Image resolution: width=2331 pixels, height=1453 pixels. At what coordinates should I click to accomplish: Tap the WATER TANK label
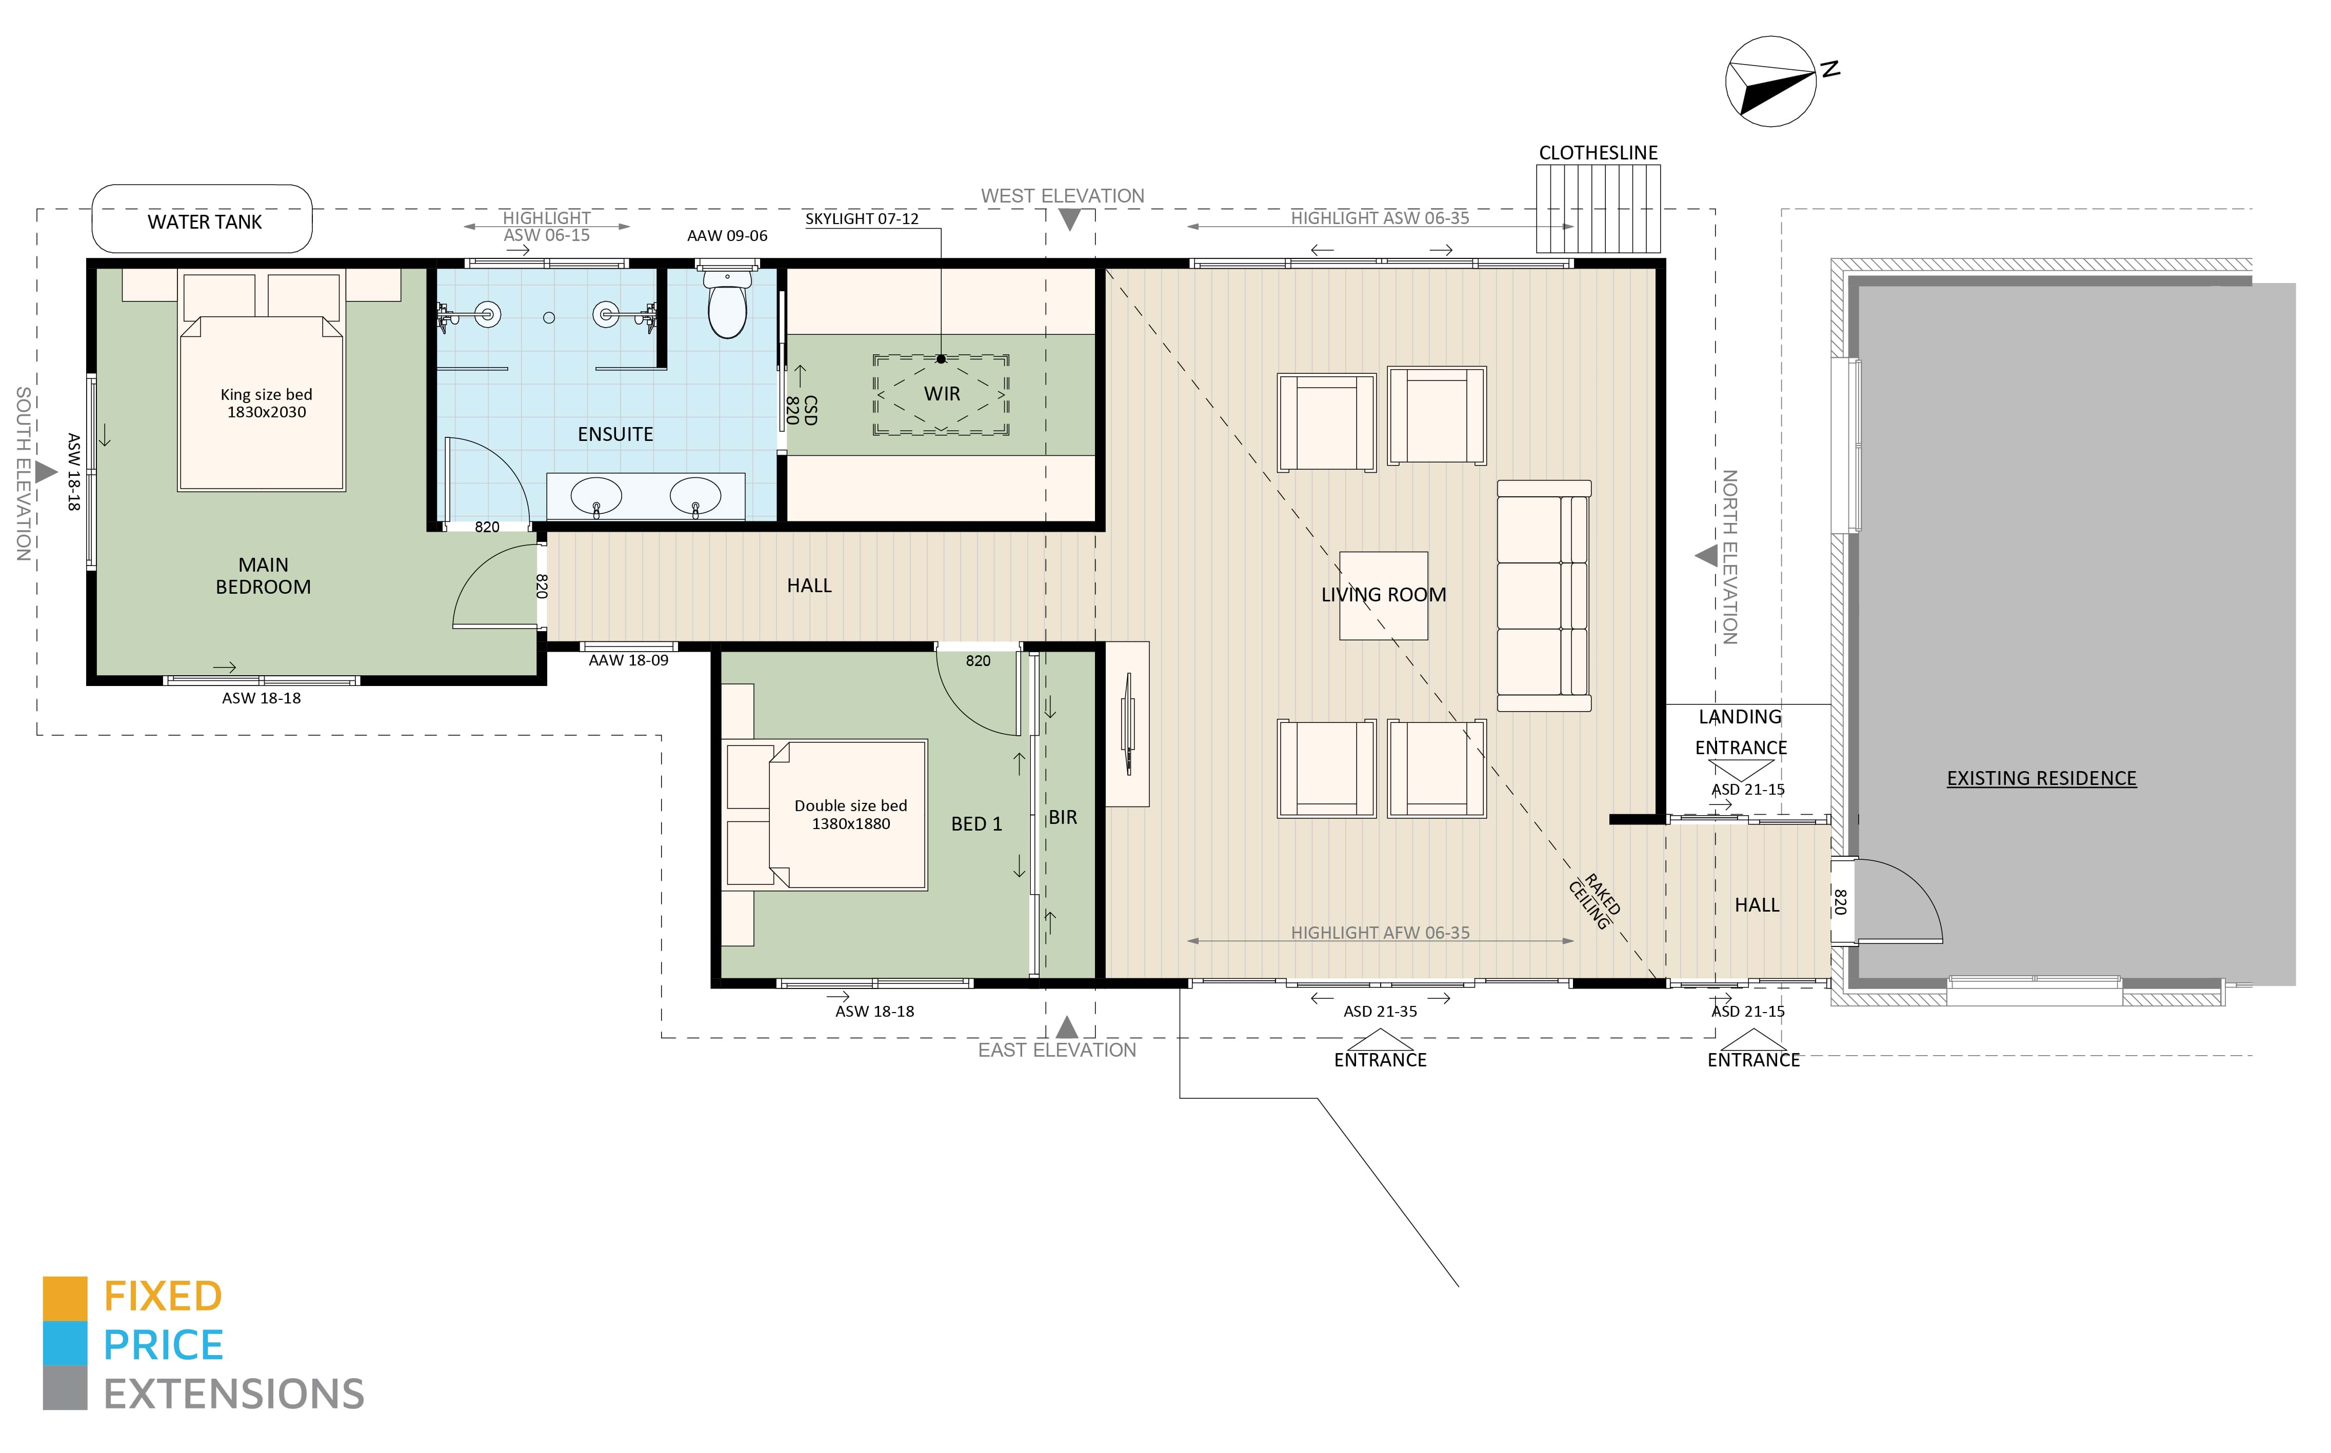(205, 222)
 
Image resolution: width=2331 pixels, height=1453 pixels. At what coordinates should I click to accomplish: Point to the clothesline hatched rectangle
(1598, 209)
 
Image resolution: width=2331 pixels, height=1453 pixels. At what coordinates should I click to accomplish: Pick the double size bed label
(851, 805)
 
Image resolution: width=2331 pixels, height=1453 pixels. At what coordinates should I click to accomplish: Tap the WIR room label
(942, 394)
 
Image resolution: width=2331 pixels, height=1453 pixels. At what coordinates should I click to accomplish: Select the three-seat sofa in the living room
(1544, 596)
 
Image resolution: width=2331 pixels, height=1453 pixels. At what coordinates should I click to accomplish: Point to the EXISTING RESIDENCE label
(2042, 778)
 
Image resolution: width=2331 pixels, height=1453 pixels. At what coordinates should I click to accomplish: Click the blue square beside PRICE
(65, 1343)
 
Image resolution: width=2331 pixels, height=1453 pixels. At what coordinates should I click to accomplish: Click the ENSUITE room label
(615, 434)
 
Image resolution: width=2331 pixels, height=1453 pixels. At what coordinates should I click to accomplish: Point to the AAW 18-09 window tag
(629, 660)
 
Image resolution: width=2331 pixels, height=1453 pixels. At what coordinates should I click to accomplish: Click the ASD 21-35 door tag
(1380, 1011)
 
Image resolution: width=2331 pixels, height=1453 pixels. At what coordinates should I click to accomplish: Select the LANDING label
(1740, 717)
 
